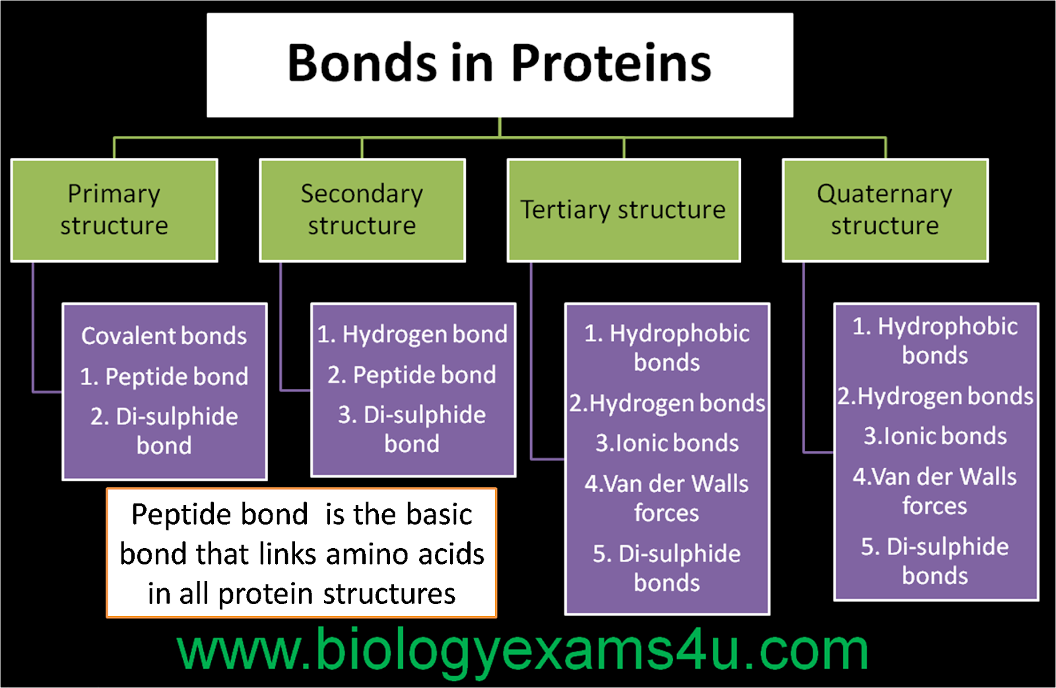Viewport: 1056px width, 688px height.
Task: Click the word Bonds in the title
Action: (x=362, y=63)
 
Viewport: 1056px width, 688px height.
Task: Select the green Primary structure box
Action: (x=114, y=210)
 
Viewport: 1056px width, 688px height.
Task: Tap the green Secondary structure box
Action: (x=362, y=210)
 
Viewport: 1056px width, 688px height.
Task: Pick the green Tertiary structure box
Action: (x=623, y=210)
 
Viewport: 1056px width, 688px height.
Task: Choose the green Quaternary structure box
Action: (x=884, y=210)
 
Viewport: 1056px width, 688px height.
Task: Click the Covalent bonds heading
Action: (x=164, y=336)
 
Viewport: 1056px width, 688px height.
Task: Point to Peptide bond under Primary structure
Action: (x=164, y=377)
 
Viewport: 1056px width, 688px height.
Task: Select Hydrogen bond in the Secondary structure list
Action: (x=412, y=334)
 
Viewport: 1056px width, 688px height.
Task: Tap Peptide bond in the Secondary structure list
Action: (x=412, y=375)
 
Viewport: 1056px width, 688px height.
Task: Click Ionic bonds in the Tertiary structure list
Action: (x=667, y=443)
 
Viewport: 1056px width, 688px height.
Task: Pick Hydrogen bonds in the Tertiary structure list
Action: (x=667, y=403)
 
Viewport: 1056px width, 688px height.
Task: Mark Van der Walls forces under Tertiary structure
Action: (x=667, y=498)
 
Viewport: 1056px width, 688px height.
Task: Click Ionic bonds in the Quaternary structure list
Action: (x=935, y=436)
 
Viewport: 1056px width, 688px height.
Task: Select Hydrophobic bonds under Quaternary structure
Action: (x=935, y=341)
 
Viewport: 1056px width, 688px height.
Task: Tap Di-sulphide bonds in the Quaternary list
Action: (x=935, y=561)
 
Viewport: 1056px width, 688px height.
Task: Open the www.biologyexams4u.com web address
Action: (x=522, y=650)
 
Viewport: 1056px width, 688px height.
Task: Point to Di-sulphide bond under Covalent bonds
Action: (x=164, y=430)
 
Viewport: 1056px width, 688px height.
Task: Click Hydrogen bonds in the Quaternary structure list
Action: (x=935, y=396)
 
